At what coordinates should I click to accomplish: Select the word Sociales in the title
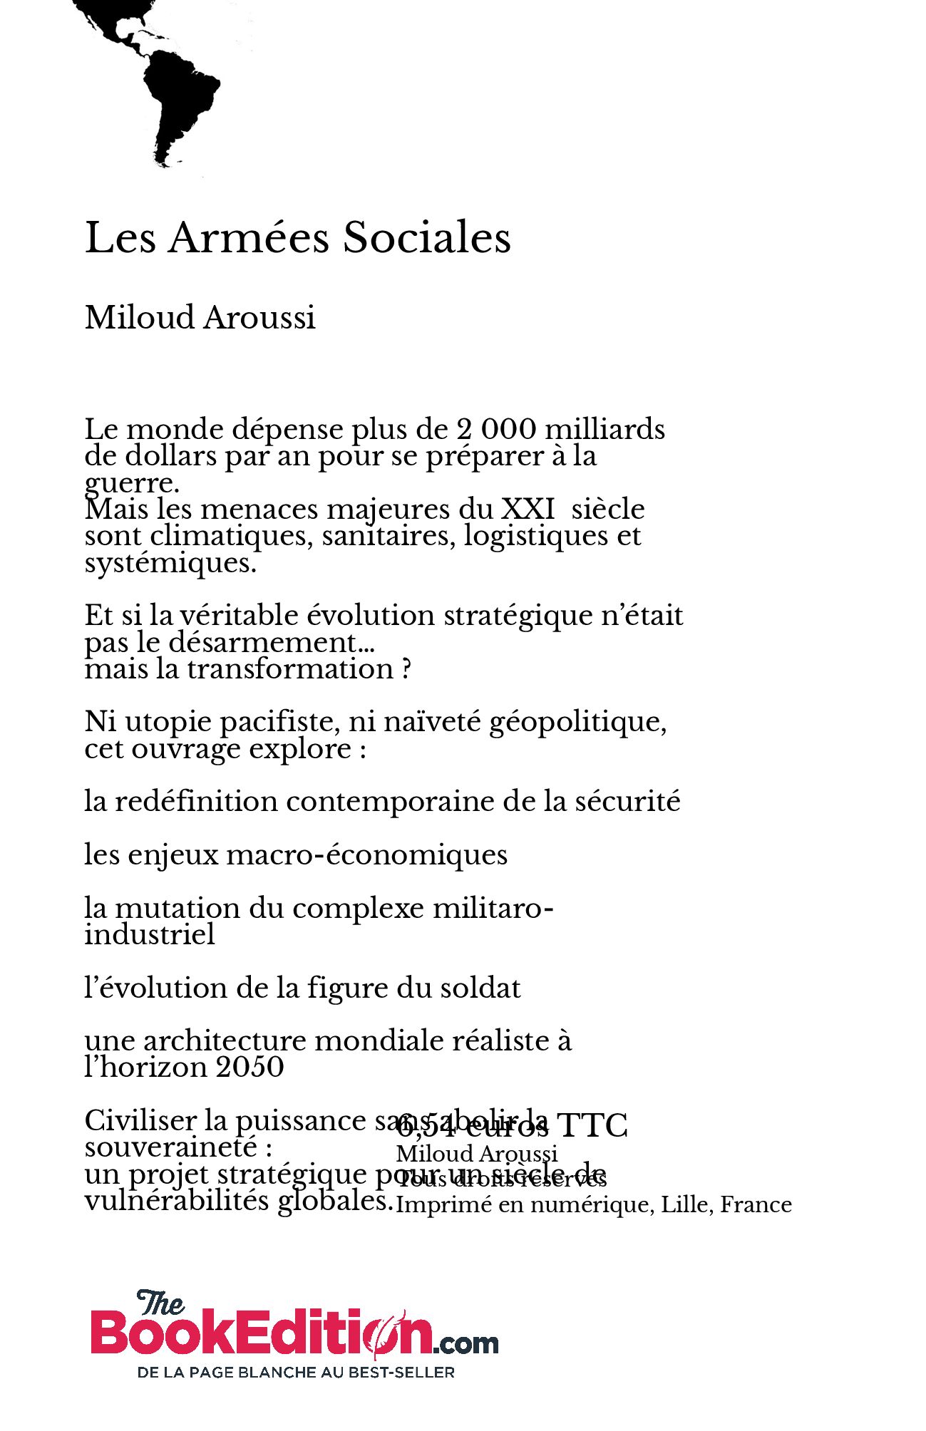(x=427, y=237)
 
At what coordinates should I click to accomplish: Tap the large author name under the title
(x=200, y=318)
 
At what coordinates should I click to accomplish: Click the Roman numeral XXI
(x=528, y=510)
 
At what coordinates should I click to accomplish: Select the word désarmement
(x=262, y=643)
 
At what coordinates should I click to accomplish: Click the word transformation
(x=290, y=669)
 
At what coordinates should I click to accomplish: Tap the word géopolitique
(x=578, y=723)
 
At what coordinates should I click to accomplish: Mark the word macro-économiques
(x=366, y=854)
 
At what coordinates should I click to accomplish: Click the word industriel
(x=150, y=934)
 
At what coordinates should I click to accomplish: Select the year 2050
(x=249, y=1068)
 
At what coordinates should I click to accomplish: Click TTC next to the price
(x=592, y=1126)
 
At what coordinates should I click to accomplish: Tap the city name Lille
(x=687, y=1204)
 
